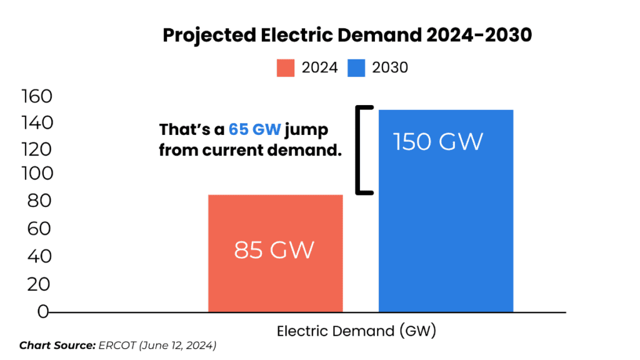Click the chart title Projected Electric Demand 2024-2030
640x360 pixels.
pos(347,36)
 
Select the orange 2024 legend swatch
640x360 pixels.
pos(286,67)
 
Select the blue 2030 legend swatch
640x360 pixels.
pos(356,67)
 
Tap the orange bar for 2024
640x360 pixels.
pos(275,253)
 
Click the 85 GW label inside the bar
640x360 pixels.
pos(274,251)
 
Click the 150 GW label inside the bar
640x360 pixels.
pos(438,142)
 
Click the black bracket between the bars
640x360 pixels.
pos(360,150)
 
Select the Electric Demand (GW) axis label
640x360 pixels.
pos(356,331)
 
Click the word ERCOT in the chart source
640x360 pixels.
pos(111,346)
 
